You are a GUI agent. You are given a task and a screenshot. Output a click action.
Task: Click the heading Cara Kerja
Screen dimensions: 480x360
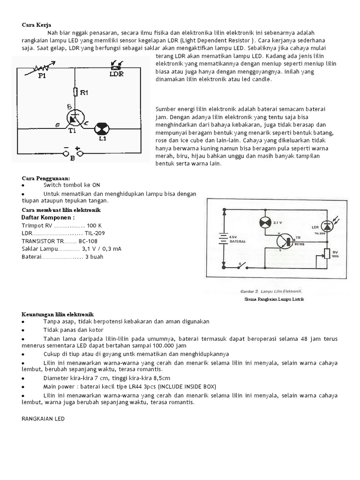[x=36, y=25]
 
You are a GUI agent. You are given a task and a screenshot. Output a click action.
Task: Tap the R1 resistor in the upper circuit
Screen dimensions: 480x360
[x=75, y=92]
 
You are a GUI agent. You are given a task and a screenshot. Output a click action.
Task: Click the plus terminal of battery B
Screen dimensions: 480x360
[x=81, y=152]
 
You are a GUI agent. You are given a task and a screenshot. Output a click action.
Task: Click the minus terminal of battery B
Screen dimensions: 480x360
[x=66, y=152]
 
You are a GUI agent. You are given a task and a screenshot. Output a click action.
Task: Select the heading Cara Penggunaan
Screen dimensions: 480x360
[x=46, y=178]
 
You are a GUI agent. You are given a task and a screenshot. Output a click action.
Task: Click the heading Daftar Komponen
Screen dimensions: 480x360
[x=48, y=217]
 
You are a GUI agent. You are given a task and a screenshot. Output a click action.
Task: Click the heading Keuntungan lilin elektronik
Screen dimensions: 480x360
[x=58, y=313]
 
